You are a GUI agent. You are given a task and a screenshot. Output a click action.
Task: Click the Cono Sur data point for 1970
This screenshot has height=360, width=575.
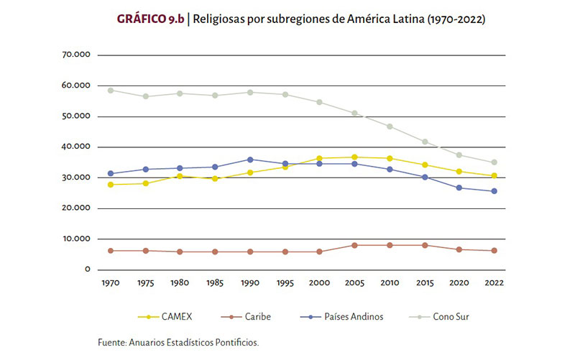click(111, 91)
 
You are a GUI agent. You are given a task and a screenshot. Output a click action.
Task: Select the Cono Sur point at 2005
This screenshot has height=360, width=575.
click(354, 113)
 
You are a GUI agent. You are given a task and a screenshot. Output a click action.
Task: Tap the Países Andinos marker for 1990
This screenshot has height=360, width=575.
click(250, 160)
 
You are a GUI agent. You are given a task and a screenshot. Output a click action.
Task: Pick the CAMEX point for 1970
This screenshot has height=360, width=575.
click(111, 185)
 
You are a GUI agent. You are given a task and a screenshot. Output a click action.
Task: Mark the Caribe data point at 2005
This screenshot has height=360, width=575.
click(354, 245)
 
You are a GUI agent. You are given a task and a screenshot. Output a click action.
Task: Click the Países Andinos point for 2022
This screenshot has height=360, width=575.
click(494, 191)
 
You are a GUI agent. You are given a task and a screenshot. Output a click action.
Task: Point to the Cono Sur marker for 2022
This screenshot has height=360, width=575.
click(494, 162)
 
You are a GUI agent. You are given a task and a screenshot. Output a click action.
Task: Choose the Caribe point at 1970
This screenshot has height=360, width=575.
click(111, 251)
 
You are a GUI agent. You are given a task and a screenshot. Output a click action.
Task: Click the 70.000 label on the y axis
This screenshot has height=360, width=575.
click(75, 55)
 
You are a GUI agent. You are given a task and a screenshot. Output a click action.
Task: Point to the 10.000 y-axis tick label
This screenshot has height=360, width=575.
click(75, 239)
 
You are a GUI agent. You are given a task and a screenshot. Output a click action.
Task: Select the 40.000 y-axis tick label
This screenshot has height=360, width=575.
click(75, 147)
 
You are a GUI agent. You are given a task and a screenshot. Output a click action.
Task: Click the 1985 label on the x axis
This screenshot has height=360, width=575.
click(215, 283)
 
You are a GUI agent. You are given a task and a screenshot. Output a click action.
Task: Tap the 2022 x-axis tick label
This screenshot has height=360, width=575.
click(494, 283)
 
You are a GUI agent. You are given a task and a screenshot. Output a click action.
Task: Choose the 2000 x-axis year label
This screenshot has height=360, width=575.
click(320, 283)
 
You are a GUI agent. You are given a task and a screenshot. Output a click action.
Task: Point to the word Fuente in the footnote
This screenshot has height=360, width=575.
click(111, 343)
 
